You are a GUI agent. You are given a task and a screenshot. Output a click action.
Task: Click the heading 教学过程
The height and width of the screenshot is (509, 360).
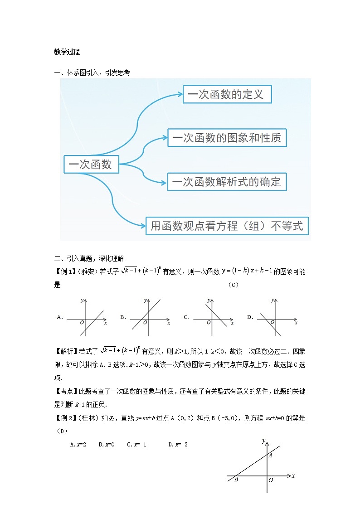click(x=67, y=52)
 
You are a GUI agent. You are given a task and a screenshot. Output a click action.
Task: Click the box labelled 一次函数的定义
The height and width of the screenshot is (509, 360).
click(x=227, y=94)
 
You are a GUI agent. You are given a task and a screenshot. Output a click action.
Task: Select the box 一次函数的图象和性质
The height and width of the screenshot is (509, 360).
click(x=227, y=137)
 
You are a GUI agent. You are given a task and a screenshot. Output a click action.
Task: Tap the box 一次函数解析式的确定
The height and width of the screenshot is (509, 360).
click(x=227, y=182)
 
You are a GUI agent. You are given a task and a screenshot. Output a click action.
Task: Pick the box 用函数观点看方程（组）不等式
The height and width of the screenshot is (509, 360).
click(x=227, y=226)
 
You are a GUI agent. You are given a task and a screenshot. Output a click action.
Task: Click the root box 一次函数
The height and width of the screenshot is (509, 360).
click(x=91, y=164)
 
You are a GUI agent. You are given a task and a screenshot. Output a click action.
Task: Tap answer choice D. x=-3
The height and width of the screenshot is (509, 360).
click(x=178, y=445)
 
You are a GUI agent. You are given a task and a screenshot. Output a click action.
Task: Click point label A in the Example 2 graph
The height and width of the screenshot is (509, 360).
click(x=270, y=455)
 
